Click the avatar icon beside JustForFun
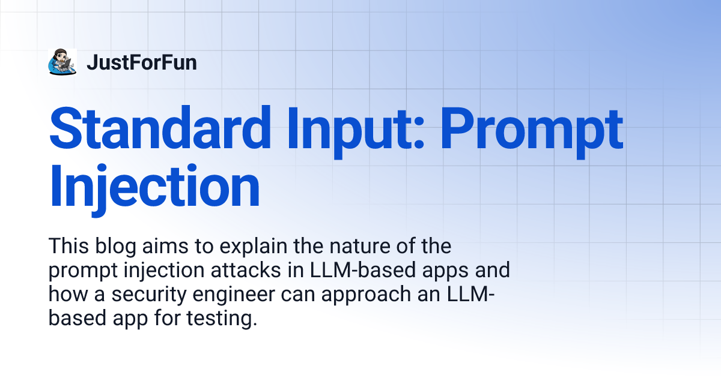(x=62, y=62)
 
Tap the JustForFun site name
(x=141, y=62)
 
